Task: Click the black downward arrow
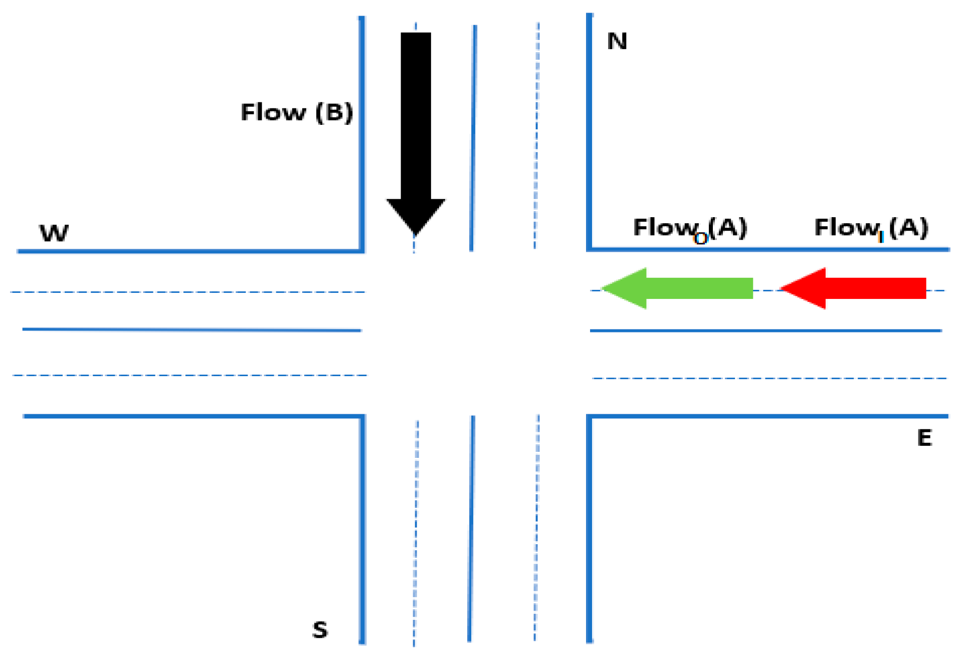click(x=416, y=125)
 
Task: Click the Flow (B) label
click(x=297, y=112)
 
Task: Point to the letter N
click(x=617, y=41)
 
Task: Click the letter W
click(x=54, y=233)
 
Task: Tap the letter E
click(x=924, y=438)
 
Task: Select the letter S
click(x=320, y=629)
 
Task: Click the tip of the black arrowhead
click(x=415, y=234)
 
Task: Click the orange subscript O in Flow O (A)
click(x=700, y=239)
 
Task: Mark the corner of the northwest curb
click(x=361, y=250)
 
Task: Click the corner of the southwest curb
click(x=361, y=417)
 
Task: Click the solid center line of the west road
click(x=190, y=330)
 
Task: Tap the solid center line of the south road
click(x=471, y=527)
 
